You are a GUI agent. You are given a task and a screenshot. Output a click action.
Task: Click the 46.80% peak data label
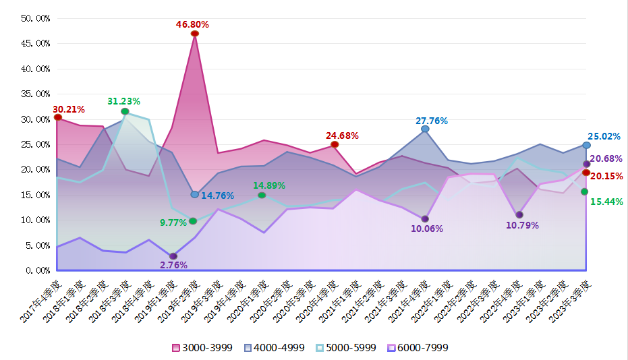point(192,24)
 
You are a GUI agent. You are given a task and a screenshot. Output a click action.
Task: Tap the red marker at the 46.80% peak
point(194,34)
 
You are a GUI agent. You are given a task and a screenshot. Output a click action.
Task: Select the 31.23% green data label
point(123,101)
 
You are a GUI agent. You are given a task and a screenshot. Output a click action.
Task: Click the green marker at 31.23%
point(125,111)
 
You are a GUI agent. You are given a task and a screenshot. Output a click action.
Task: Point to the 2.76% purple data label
point(173,265)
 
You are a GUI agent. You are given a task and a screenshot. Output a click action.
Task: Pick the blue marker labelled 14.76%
point(194,194)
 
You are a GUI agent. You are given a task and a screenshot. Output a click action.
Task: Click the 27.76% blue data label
point(432,121)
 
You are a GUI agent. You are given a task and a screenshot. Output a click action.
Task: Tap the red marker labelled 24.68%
point(335,144)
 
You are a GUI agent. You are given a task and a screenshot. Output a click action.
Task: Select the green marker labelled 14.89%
point(262,196)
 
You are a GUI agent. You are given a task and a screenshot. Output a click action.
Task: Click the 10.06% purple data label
point(426,229)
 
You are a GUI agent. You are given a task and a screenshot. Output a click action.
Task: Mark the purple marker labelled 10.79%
point(519,215)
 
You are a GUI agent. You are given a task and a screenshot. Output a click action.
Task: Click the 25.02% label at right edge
point(604,136)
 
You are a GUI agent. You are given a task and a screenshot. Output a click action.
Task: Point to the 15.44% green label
point(605,202)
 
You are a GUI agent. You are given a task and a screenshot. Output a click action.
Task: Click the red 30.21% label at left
point(69,109)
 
